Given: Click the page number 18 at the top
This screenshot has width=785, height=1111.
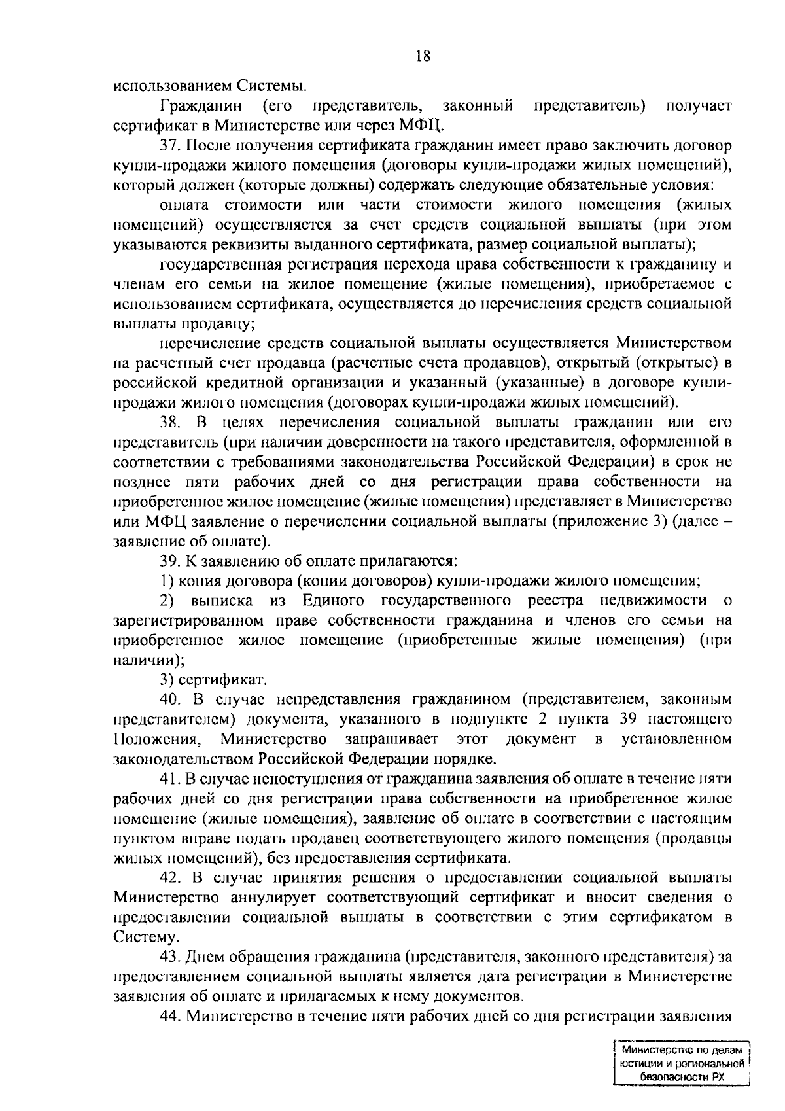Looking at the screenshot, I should click(423, 56).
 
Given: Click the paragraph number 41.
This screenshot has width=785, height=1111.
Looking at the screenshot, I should click(171, 779).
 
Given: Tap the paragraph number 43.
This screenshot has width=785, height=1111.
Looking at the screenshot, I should click(171, 957).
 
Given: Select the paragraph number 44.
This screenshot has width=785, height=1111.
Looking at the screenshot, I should click(171, 1016).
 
